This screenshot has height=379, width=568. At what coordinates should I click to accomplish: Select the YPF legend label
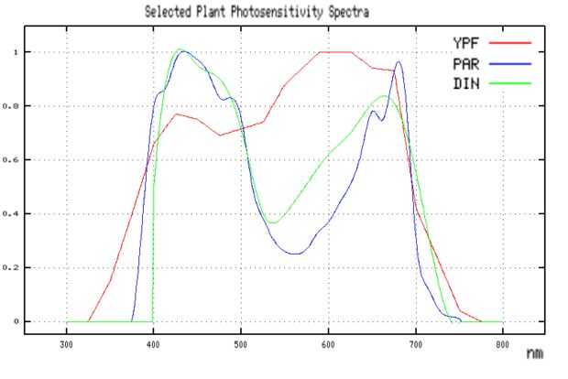(464, 42)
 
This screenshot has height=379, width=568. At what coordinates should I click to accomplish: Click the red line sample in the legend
(510, 42)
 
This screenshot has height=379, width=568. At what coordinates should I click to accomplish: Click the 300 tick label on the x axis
(66, 345)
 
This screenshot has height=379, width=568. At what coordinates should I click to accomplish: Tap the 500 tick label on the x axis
(240, 345)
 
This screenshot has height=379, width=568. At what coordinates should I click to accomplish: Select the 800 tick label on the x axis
(502, 345)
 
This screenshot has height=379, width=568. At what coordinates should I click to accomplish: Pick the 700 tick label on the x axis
(415, 345)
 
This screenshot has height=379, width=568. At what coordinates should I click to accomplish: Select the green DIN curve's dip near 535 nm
(272, 222)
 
